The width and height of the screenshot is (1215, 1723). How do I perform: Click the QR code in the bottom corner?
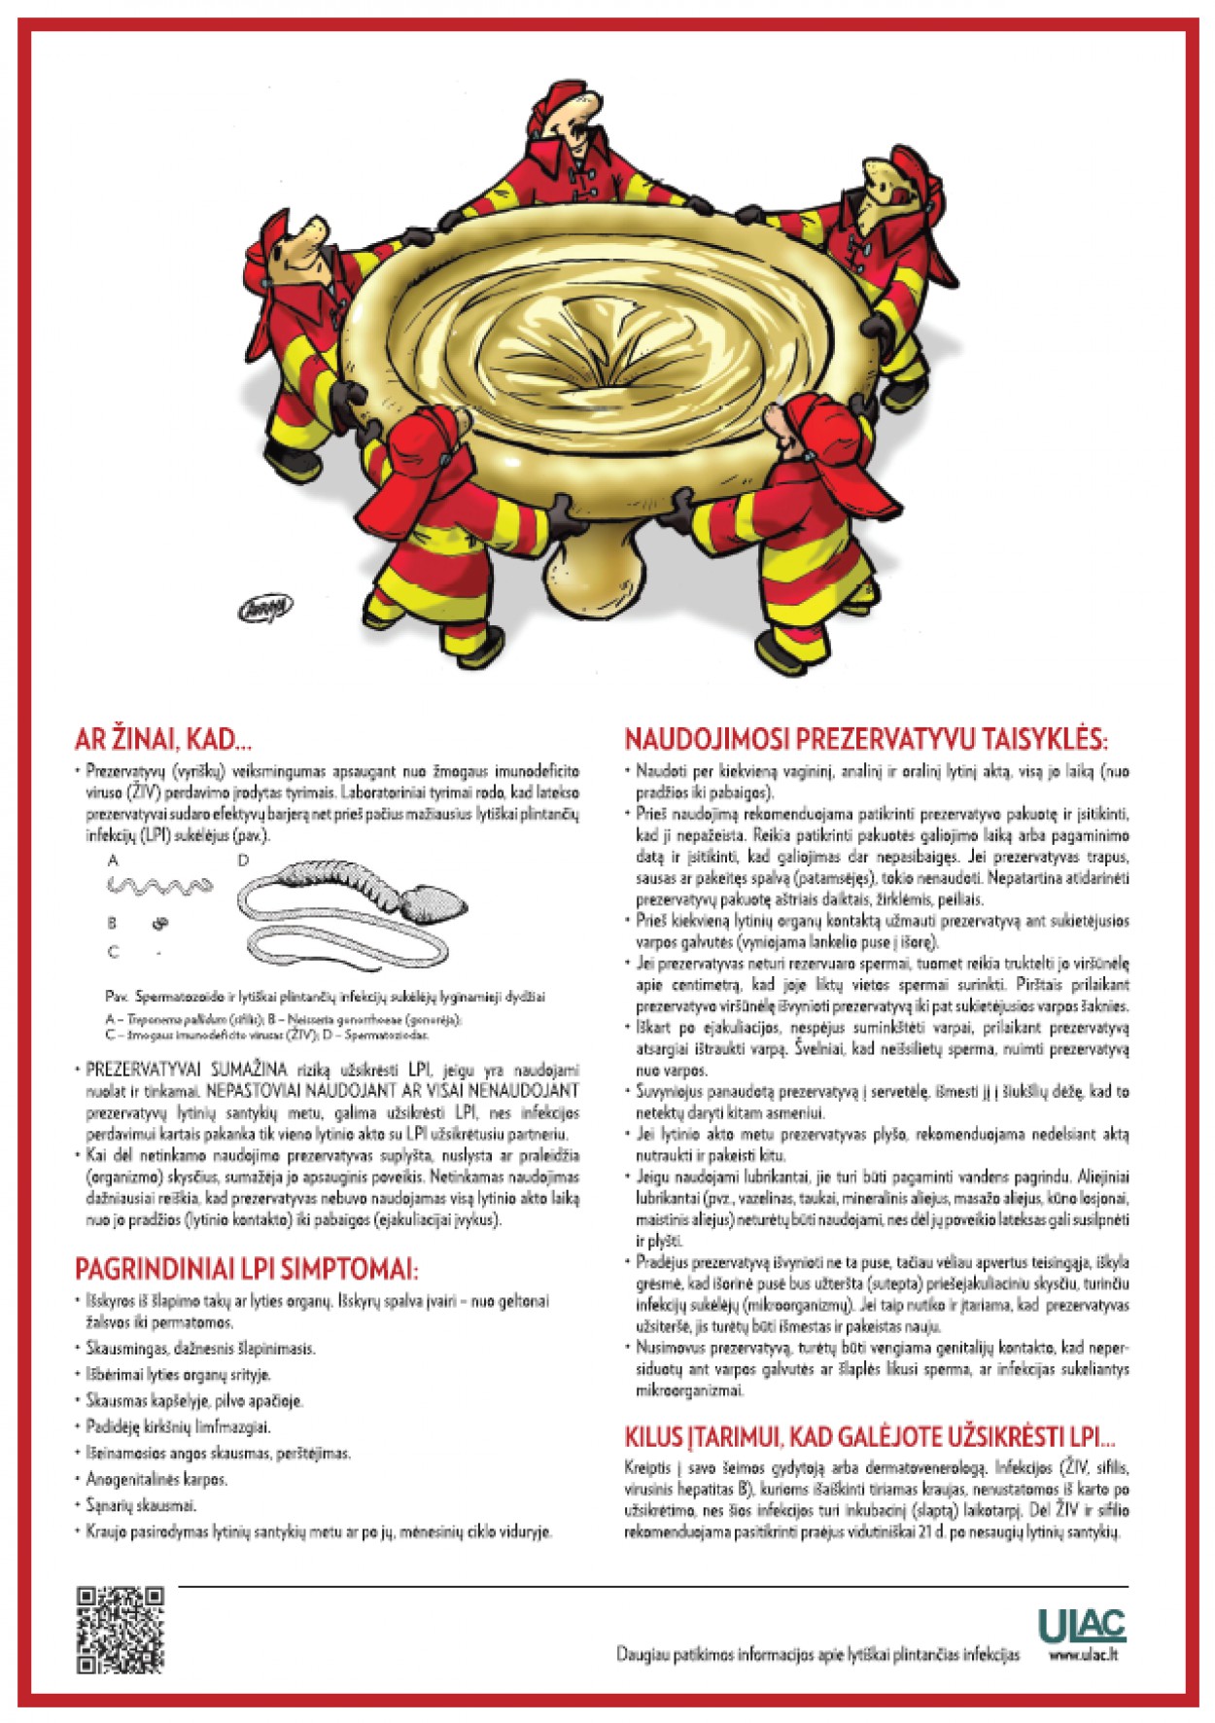(120, 1630)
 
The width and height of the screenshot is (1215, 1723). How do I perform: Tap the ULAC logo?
(1081, 1624)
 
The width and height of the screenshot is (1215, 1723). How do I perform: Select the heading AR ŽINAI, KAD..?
(162, 740)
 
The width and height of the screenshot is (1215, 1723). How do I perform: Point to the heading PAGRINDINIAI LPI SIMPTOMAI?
(246, 1269)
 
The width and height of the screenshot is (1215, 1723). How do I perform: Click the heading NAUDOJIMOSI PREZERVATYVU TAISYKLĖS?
(865, 739)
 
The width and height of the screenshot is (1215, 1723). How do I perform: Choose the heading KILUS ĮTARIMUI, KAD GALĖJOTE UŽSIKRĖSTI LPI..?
(869, 1437)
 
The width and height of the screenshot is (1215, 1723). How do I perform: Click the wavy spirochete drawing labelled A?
(159, 886)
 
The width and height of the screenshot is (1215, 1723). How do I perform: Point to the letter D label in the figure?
(243, 860)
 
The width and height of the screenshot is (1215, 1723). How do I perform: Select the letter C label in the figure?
(114, 951)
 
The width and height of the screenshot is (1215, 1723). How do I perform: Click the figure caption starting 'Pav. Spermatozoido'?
(325, 996)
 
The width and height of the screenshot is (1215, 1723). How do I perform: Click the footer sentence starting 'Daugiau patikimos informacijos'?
(817, 1654)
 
